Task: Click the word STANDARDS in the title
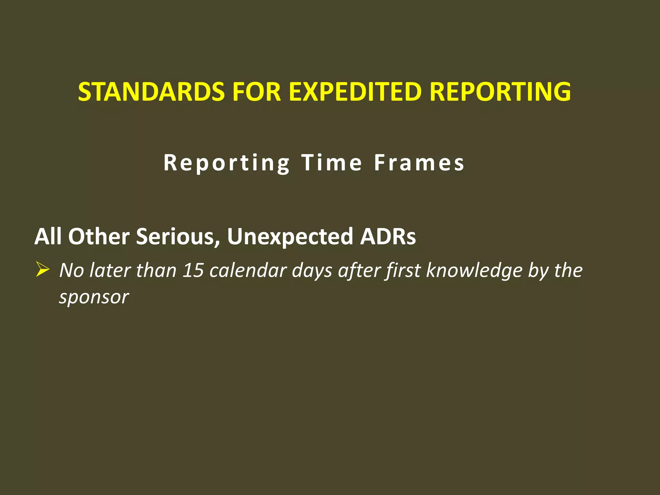151,92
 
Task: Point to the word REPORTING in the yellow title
500,92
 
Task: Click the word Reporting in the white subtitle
227,163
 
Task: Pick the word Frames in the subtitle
419,163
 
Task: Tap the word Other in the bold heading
99,237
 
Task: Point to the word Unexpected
290,237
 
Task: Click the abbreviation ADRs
388,237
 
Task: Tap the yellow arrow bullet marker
42,269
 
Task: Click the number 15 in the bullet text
193,270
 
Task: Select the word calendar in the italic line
248,270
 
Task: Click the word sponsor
94,297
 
